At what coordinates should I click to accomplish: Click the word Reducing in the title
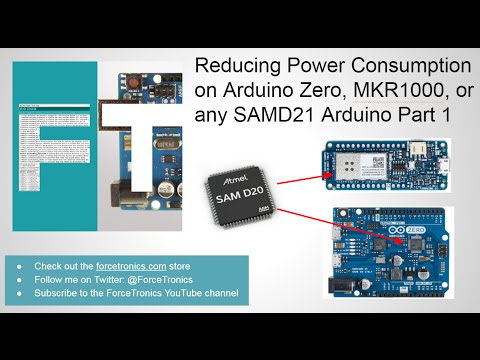(234, 66)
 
